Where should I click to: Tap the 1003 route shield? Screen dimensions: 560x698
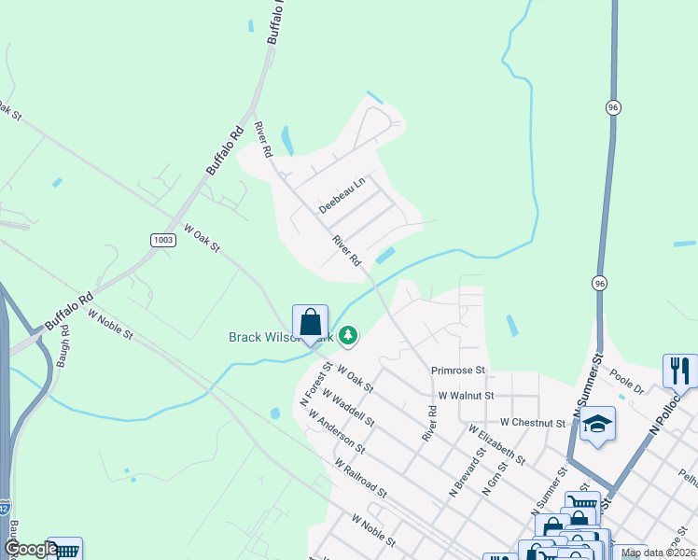(x=163, y=240)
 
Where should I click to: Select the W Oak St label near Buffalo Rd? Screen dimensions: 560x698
(x=201, y=238)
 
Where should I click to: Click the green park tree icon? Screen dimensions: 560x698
(x=348, y=333)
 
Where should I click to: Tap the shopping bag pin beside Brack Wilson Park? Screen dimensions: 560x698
(x=310, y=323)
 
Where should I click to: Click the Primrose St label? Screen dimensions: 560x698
(x=459, y=371)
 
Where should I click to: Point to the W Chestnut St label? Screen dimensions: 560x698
(x=533, y=423)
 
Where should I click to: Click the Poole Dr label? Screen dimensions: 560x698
(x=626, y=381)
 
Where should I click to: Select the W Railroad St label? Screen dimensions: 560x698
(x=359, y=477)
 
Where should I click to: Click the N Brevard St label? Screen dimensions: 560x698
(x=468, y=476)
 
